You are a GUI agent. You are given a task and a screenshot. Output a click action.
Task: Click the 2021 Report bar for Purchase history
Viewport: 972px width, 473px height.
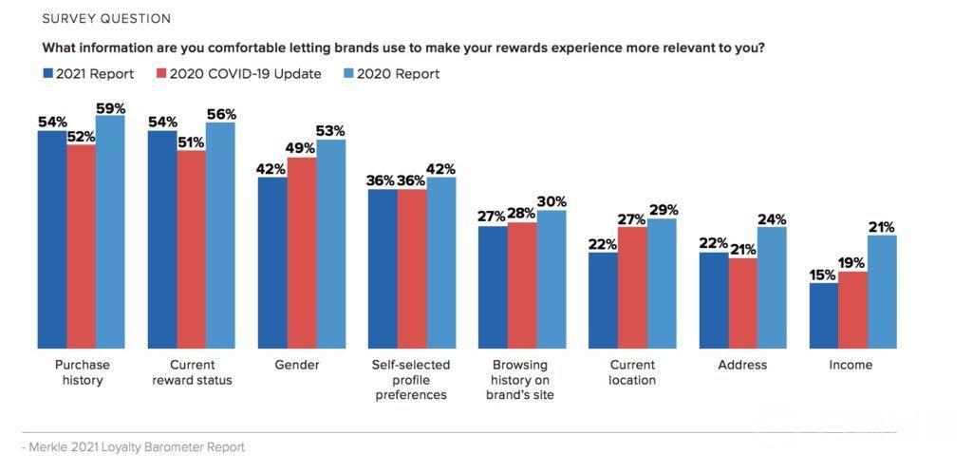(51, 239)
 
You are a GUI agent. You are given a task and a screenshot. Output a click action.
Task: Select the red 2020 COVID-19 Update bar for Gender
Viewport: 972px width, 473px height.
(302, 253)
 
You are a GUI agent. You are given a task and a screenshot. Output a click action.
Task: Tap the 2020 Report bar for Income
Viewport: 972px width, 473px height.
(882, 292)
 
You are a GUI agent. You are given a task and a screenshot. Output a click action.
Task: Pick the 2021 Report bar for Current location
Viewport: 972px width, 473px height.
(603, 300)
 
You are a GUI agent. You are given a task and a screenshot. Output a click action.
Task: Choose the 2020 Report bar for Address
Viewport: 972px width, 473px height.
(772, 288)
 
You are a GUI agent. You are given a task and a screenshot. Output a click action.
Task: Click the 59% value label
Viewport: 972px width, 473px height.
(110, 108)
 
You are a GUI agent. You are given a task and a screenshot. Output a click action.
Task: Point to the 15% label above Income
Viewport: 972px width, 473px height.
(823, 275)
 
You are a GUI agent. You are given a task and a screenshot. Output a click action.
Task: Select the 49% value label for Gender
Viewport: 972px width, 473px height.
(302, 149)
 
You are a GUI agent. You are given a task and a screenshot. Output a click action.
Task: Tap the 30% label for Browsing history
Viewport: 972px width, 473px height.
(551, 201)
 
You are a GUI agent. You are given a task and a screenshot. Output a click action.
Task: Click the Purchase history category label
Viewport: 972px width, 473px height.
(82, 372)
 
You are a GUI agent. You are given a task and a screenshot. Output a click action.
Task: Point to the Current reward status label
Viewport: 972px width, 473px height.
(192, 372)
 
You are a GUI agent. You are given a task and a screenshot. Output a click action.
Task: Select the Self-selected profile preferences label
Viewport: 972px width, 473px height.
(412, 380)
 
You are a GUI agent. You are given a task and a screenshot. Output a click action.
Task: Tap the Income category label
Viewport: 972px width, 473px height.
(850, 365)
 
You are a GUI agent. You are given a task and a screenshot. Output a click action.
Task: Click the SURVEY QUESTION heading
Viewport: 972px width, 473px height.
(106, 19)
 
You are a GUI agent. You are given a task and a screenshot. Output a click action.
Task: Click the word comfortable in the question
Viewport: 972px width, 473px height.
(251, 47)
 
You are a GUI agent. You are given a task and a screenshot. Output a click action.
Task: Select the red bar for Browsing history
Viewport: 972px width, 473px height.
(522, 285)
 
